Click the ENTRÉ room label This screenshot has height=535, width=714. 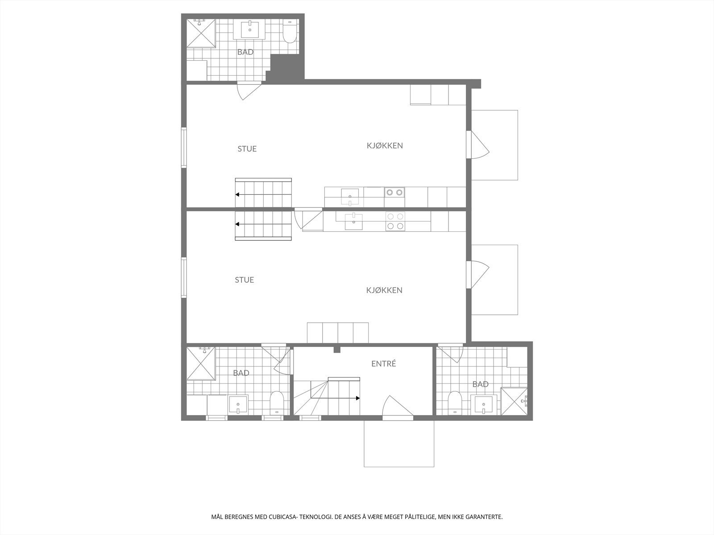(383, 364)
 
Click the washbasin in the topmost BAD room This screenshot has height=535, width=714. (249, 30)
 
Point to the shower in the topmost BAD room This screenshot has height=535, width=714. (201, 33)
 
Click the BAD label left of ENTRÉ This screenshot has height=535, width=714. (241, 373)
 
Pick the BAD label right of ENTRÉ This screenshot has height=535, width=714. (480, 384)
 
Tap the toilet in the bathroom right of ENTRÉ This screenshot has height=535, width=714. (455, 403)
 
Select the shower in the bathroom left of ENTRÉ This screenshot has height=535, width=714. (201, 362)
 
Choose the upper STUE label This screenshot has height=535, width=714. (247, 149)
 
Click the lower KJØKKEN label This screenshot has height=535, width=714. (384, 290)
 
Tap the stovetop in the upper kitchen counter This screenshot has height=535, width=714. (394, 193)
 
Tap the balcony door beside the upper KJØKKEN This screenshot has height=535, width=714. (479, 144)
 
